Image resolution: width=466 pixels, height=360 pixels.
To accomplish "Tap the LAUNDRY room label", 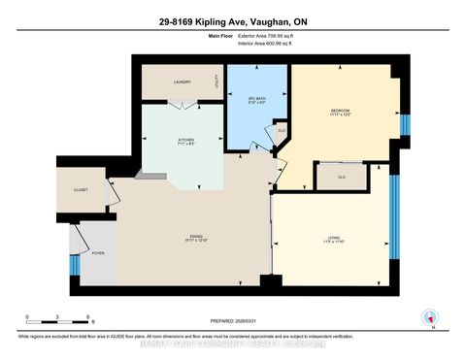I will [182, 82].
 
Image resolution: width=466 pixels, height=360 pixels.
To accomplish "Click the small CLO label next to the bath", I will [281, 130].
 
